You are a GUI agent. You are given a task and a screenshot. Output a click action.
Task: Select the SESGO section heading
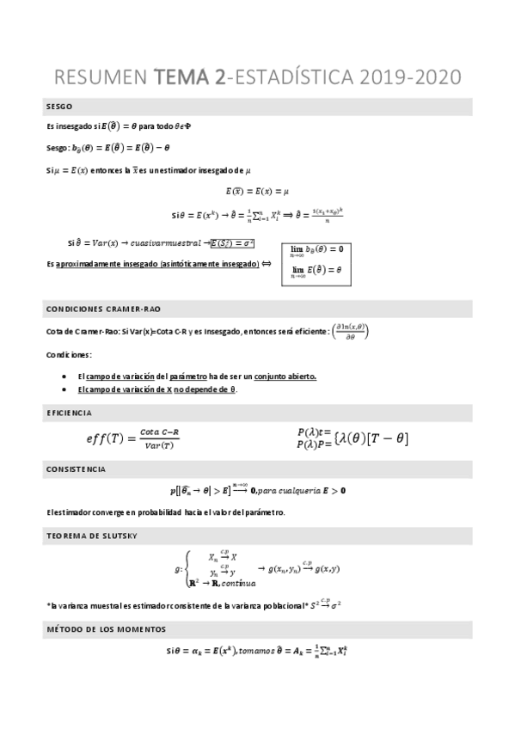coord(59,107)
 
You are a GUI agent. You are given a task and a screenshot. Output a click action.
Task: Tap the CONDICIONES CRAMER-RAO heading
coord(102,308)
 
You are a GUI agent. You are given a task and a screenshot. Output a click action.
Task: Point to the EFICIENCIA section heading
coord(70,413)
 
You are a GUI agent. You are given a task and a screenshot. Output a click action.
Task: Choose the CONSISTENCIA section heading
coord(77,469)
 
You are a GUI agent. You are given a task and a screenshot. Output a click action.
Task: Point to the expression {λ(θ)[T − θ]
coord(369,438)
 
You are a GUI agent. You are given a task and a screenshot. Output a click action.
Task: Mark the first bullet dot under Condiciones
coord(66,377)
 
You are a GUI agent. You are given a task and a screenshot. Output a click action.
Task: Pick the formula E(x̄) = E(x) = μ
coord(257,191)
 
